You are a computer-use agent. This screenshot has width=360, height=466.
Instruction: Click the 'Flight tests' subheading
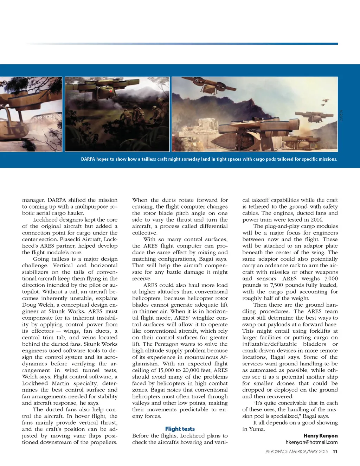click(180, 429)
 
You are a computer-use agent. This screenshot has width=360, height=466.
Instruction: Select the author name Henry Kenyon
click(320, 436)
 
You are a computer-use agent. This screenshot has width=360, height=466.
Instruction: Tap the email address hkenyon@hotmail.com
click(311, 442)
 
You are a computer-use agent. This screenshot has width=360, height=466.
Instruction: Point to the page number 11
click(335, 451)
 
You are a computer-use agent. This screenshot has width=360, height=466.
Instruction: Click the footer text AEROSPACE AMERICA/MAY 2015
click(297, 451)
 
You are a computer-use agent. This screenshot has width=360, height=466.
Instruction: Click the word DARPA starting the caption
click(88, 159)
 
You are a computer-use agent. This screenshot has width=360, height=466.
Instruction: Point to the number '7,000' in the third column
click(331, 279)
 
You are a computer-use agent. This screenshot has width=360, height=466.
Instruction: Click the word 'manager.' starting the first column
click(33, 200)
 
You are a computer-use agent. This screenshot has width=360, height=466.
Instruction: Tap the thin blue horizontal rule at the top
click(183, 44)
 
